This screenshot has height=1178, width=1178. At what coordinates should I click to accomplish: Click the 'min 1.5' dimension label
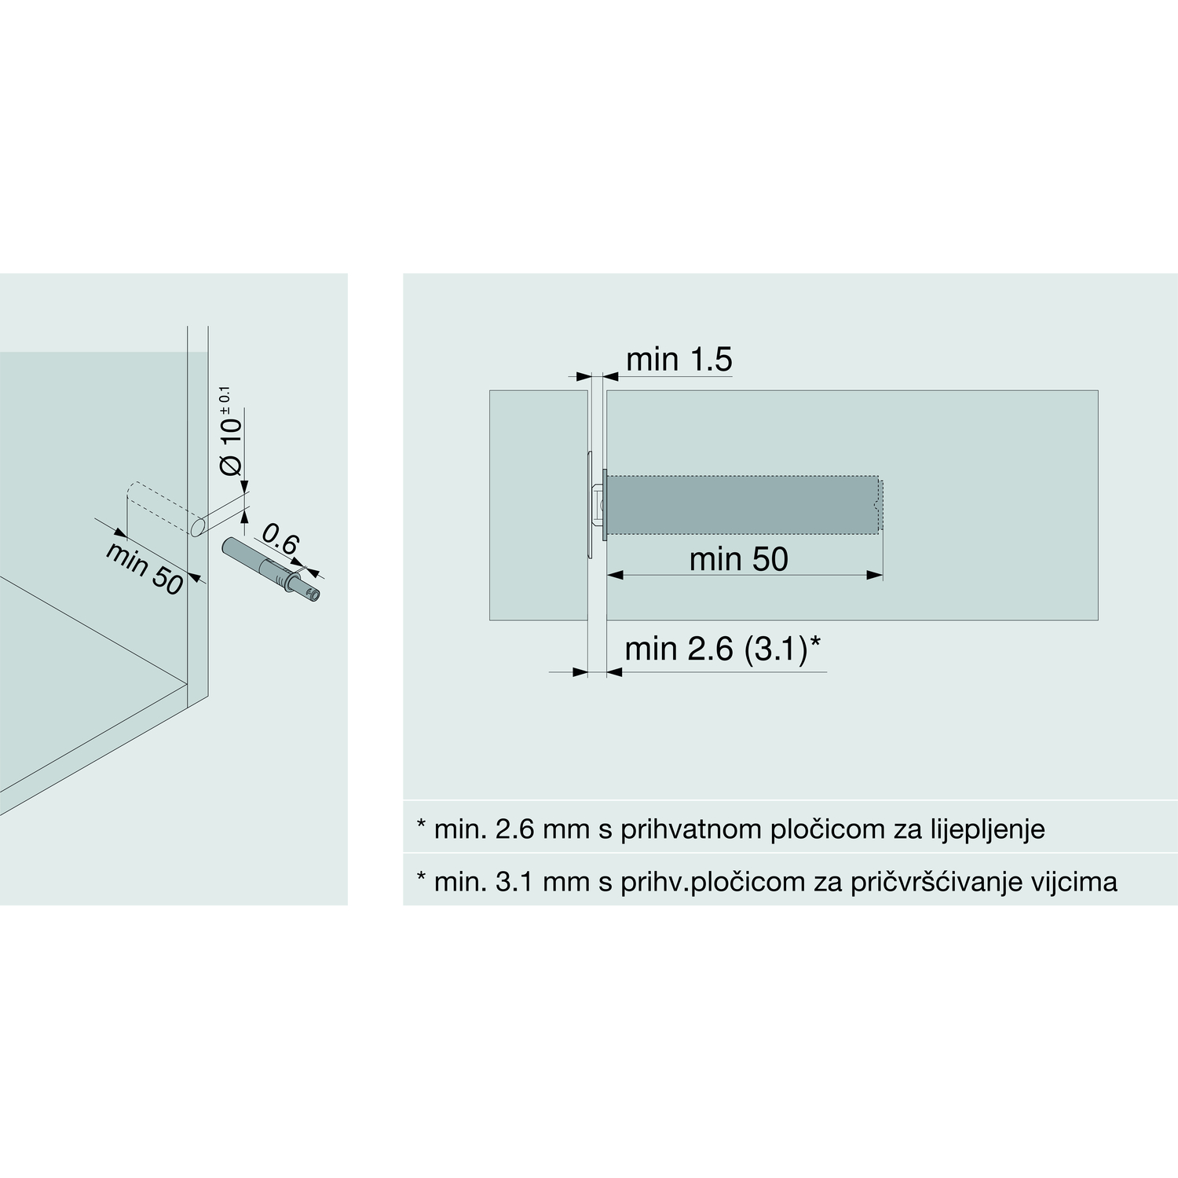click(x=679, y=360)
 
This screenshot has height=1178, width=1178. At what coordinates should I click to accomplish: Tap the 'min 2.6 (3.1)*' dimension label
click(x=723, y=649)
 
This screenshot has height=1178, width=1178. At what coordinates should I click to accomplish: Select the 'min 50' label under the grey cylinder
click(x=738, y=559)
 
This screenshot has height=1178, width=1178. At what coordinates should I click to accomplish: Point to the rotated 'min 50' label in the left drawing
click(x=144, y=568)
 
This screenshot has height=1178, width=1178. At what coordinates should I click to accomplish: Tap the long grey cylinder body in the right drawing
click(x=742, y=505)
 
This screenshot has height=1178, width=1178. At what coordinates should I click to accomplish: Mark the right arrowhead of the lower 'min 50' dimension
click(x=875, y=576)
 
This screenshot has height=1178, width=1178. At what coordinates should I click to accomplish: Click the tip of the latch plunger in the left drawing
click(x=315, y=595)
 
